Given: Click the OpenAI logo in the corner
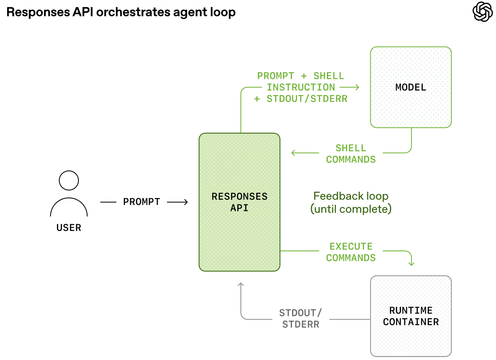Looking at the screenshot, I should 482,12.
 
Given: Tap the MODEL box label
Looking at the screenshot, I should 411,88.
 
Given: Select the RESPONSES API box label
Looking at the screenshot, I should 239,202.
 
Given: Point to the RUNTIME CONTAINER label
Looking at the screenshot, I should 411,316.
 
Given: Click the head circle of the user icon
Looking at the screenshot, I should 69,180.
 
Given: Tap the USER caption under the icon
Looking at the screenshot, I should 69,228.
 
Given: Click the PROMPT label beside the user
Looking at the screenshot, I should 142,202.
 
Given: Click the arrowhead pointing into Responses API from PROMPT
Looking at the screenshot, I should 186,202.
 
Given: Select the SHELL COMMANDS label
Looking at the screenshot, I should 351,154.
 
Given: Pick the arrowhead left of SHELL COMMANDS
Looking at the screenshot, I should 293,153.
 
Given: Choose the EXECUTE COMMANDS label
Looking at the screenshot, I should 351,252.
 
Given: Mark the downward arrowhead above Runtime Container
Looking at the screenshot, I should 411,264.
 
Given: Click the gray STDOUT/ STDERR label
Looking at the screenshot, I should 300,318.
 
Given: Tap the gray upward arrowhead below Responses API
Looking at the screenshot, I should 241,285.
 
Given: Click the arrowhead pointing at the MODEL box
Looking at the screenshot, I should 357,87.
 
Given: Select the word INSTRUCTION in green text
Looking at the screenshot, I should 301,88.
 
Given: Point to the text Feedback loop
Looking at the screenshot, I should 351,196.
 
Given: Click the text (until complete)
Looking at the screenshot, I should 351,209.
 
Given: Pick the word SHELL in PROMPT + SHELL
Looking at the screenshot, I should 329,76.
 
